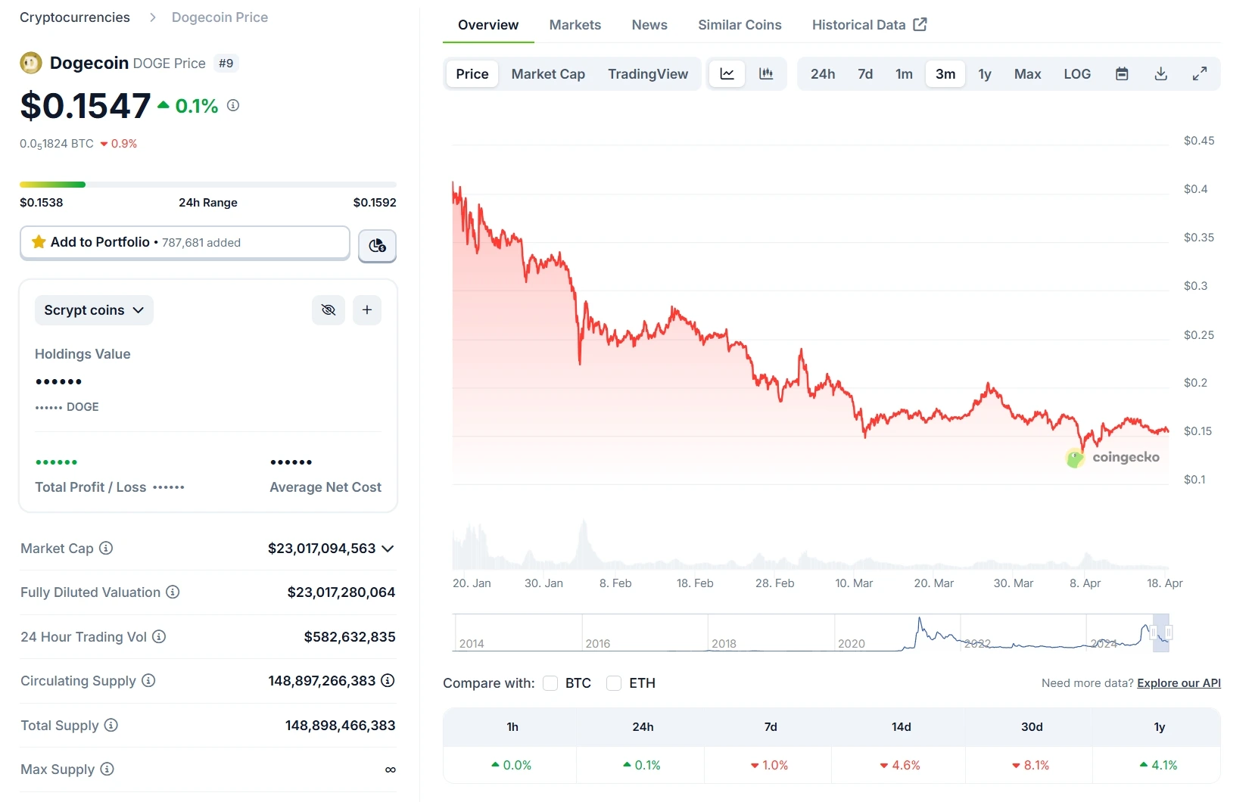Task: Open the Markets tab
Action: [575, 25]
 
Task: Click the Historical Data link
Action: [869, 25]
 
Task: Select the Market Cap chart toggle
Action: [548, 74]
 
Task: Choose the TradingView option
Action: [647, 74]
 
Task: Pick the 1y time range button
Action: [984, 74]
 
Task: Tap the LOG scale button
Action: [1076, 74]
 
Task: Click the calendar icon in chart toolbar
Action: [1122, 74]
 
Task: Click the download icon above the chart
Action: [1160, 74]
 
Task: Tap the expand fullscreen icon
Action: [1199, 74]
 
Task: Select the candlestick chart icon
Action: [766, 74]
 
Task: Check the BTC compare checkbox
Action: [550, 683]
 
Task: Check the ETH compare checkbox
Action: [614, 683]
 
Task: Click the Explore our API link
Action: [1179, 683]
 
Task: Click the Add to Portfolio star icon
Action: [39, 242]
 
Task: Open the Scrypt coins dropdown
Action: [94, 310]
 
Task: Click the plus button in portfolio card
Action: [367, 310]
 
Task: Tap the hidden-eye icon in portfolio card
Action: [329, 310]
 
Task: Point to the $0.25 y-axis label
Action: [1198, 335]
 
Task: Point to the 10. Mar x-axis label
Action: [854, 583]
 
